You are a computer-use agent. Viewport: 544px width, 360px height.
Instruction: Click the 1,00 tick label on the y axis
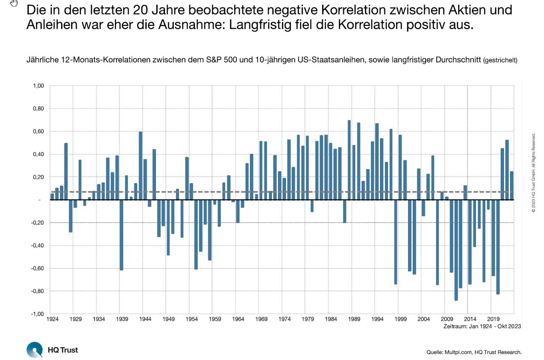pyautogui.click(x=38, y=86)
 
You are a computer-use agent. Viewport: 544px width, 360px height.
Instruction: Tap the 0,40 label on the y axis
pyautogui.click(x=38, y=154)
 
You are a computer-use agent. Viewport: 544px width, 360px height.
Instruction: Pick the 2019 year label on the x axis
pyautogui.click(x=493, y=319)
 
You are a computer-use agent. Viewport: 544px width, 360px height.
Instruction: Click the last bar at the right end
pyautogui.click(x=512, y=185)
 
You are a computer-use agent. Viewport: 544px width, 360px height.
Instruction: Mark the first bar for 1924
pyautogui.click(x=52, y=196)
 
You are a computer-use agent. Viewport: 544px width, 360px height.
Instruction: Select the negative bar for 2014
pyautogui.click(x=470, y=242)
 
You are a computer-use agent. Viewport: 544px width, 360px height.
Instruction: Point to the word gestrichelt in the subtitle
pyautogui.click(x=500, y=60)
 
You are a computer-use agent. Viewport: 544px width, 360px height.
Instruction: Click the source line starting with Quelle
pyautogui.click(x=474, y=352)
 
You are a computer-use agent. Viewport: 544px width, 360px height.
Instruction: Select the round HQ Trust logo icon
pyautogui.click(x=34, y=350)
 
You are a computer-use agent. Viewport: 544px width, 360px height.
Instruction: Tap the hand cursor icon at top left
pyautogui.click(x=14, y=3)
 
